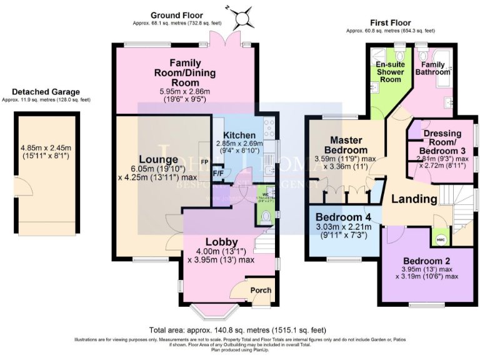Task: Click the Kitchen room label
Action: click(239, 135)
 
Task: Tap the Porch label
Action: click(261, 290)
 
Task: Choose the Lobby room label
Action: click(222, 241)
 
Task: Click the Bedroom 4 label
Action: click(342, 217)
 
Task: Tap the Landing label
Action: click(414, 199)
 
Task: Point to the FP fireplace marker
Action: click(203, 161)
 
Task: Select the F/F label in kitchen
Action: click(218, 173)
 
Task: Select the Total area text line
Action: click(237, 330)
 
